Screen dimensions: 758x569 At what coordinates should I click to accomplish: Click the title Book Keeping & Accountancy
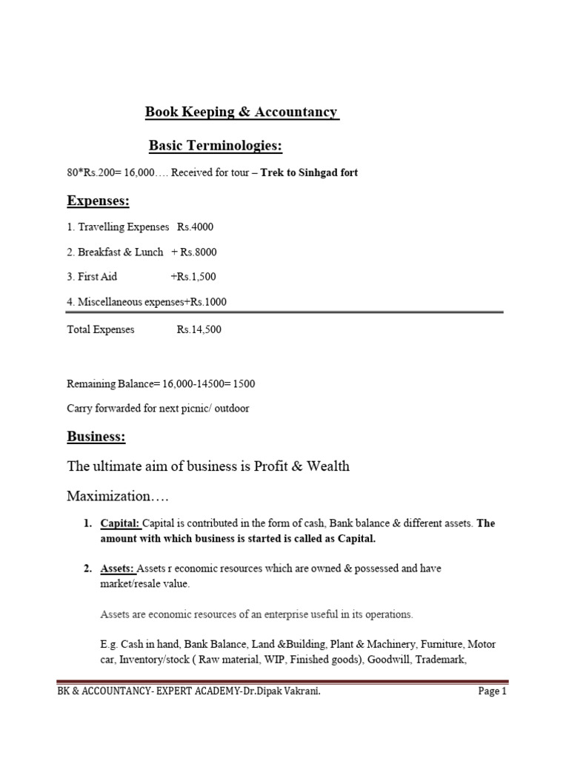pos(242,113)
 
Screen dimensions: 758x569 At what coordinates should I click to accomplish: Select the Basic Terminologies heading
pos(216,147)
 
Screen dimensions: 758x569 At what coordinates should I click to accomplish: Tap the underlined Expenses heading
pos(98,201)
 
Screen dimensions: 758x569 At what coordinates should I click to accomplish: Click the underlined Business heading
pos(96,437)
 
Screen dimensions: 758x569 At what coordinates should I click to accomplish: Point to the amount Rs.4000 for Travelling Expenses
pos(195,227)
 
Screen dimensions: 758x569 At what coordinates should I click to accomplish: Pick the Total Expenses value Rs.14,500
pos(199,329)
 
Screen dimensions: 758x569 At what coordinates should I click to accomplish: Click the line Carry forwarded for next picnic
pos(158,409)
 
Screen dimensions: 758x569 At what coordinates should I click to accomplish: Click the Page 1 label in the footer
pos(493,692)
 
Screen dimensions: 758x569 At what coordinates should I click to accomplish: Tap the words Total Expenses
pos(101,329)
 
